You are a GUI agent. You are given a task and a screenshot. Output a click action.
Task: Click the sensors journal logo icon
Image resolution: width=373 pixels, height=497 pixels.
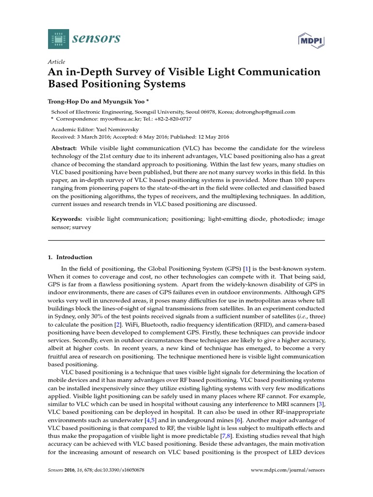(59, 38)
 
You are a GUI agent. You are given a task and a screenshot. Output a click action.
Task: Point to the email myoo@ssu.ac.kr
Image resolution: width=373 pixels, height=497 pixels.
(114, 119)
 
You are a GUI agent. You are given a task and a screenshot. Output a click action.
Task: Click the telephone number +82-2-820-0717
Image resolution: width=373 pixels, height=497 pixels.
(172, 119)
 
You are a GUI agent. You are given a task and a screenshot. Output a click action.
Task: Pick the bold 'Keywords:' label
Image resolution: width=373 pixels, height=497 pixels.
(67, 219)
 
